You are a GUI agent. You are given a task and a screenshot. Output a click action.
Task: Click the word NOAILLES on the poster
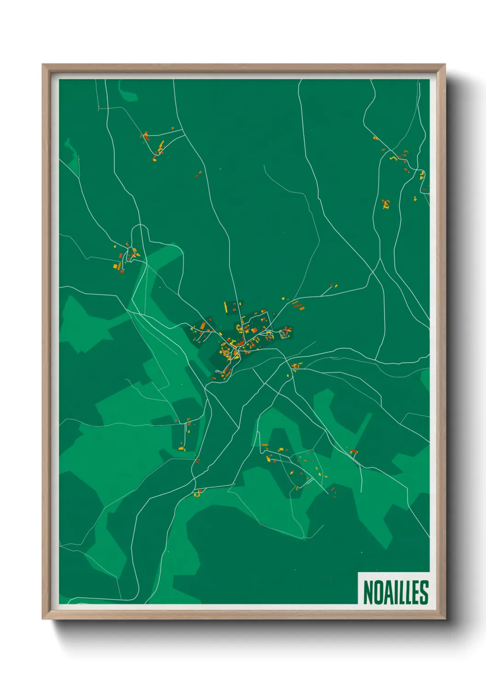click(x=396, y=592)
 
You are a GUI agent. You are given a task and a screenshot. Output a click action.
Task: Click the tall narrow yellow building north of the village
click(x=225, y=307)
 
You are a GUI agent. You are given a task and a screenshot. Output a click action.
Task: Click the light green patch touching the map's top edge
click(x=127, y=91)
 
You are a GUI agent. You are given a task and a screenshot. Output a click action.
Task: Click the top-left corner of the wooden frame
click(x=43, y=65)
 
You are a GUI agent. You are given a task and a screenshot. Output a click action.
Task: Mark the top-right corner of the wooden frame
click(x=445, y=65)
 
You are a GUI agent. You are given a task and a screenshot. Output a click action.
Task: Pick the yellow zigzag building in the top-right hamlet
click(x=393, y=159)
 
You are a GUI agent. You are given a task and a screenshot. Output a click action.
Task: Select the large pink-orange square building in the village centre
click(x=254, y=330)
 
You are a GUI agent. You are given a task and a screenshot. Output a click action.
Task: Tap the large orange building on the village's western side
click(x=203, y=326)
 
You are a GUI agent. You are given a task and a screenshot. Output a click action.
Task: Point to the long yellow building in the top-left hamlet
click(x=161, y=146)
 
